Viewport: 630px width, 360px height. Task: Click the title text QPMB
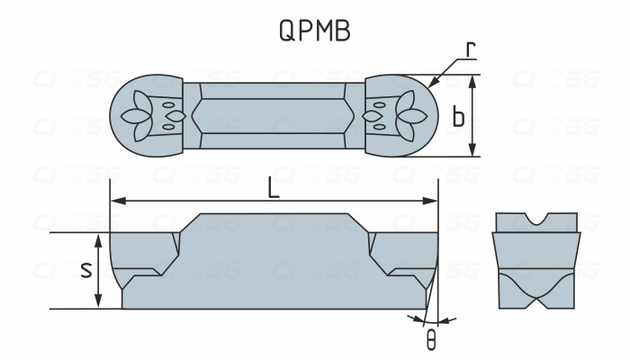point(314,31)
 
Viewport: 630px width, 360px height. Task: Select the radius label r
point(470,50)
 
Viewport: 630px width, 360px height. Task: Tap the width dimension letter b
point(459,117)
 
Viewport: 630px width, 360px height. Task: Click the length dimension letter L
point(274,189)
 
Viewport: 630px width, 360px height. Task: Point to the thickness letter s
point(86,269)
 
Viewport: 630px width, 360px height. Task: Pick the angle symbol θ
point(431,341)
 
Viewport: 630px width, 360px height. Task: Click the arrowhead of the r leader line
point(432,84)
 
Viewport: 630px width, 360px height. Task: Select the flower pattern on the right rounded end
point(404,115)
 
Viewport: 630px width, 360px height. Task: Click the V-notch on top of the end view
point(537,220)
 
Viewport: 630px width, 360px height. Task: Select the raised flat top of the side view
point(274,220)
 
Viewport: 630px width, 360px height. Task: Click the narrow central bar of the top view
point(274,115)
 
